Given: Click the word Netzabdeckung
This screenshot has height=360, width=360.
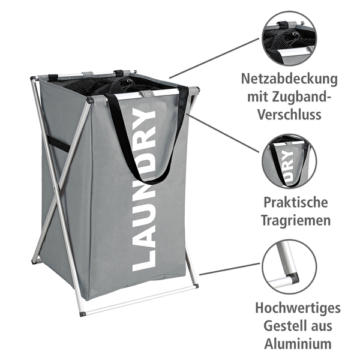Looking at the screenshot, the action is pyautogui.click(x=289, y=79).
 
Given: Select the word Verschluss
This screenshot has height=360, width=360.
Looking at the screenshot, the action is pyautogui.click(x=289, y=114).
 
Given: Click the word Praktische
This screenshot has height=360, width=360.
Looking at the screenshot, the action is pyautogui.click(x=296, y=202).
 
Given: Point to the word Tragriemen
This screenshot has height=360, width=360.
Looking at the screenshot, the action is pyautogui.click(x=296, y=221).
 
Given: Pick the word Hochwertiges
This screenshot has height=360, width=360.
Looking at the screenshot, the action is pyautogui.click(x=298, y=308).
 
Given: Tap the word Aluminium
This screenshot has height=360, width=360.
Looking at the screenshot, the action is pyautogui.click(x=298, y=343).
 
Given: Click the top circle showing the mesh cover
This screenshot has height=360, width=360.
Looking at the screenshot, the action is pyautogui.click(x=289, y=38).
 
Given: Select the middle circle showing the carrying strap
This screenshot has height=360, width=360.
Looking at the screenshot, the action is pyautogui.click(x=289, y=161).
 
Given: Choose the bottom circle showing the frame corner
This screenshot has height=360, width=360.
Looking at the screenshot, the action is pyautogui.click(x=289, y=266).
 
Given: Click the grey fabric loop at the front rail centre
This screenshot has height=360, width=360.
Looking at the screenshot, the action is pyautogui.click(x=147, y=93).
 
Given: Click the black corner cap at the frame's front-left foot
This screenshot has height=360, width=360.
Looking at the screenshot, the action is pyautogui.click(x=83, y=313).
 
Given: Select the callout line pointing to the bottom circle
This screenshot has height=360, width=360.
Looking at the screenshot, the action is pyautogui.click(x=230, y=269).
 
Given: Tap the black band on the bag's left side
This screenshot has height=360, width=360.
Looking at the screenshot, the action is pyautogui.click(x=58, y=144).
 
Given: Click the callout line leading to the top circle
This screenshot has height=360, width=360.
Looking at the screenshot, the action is pyautogui.click(x=214, y=58).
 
